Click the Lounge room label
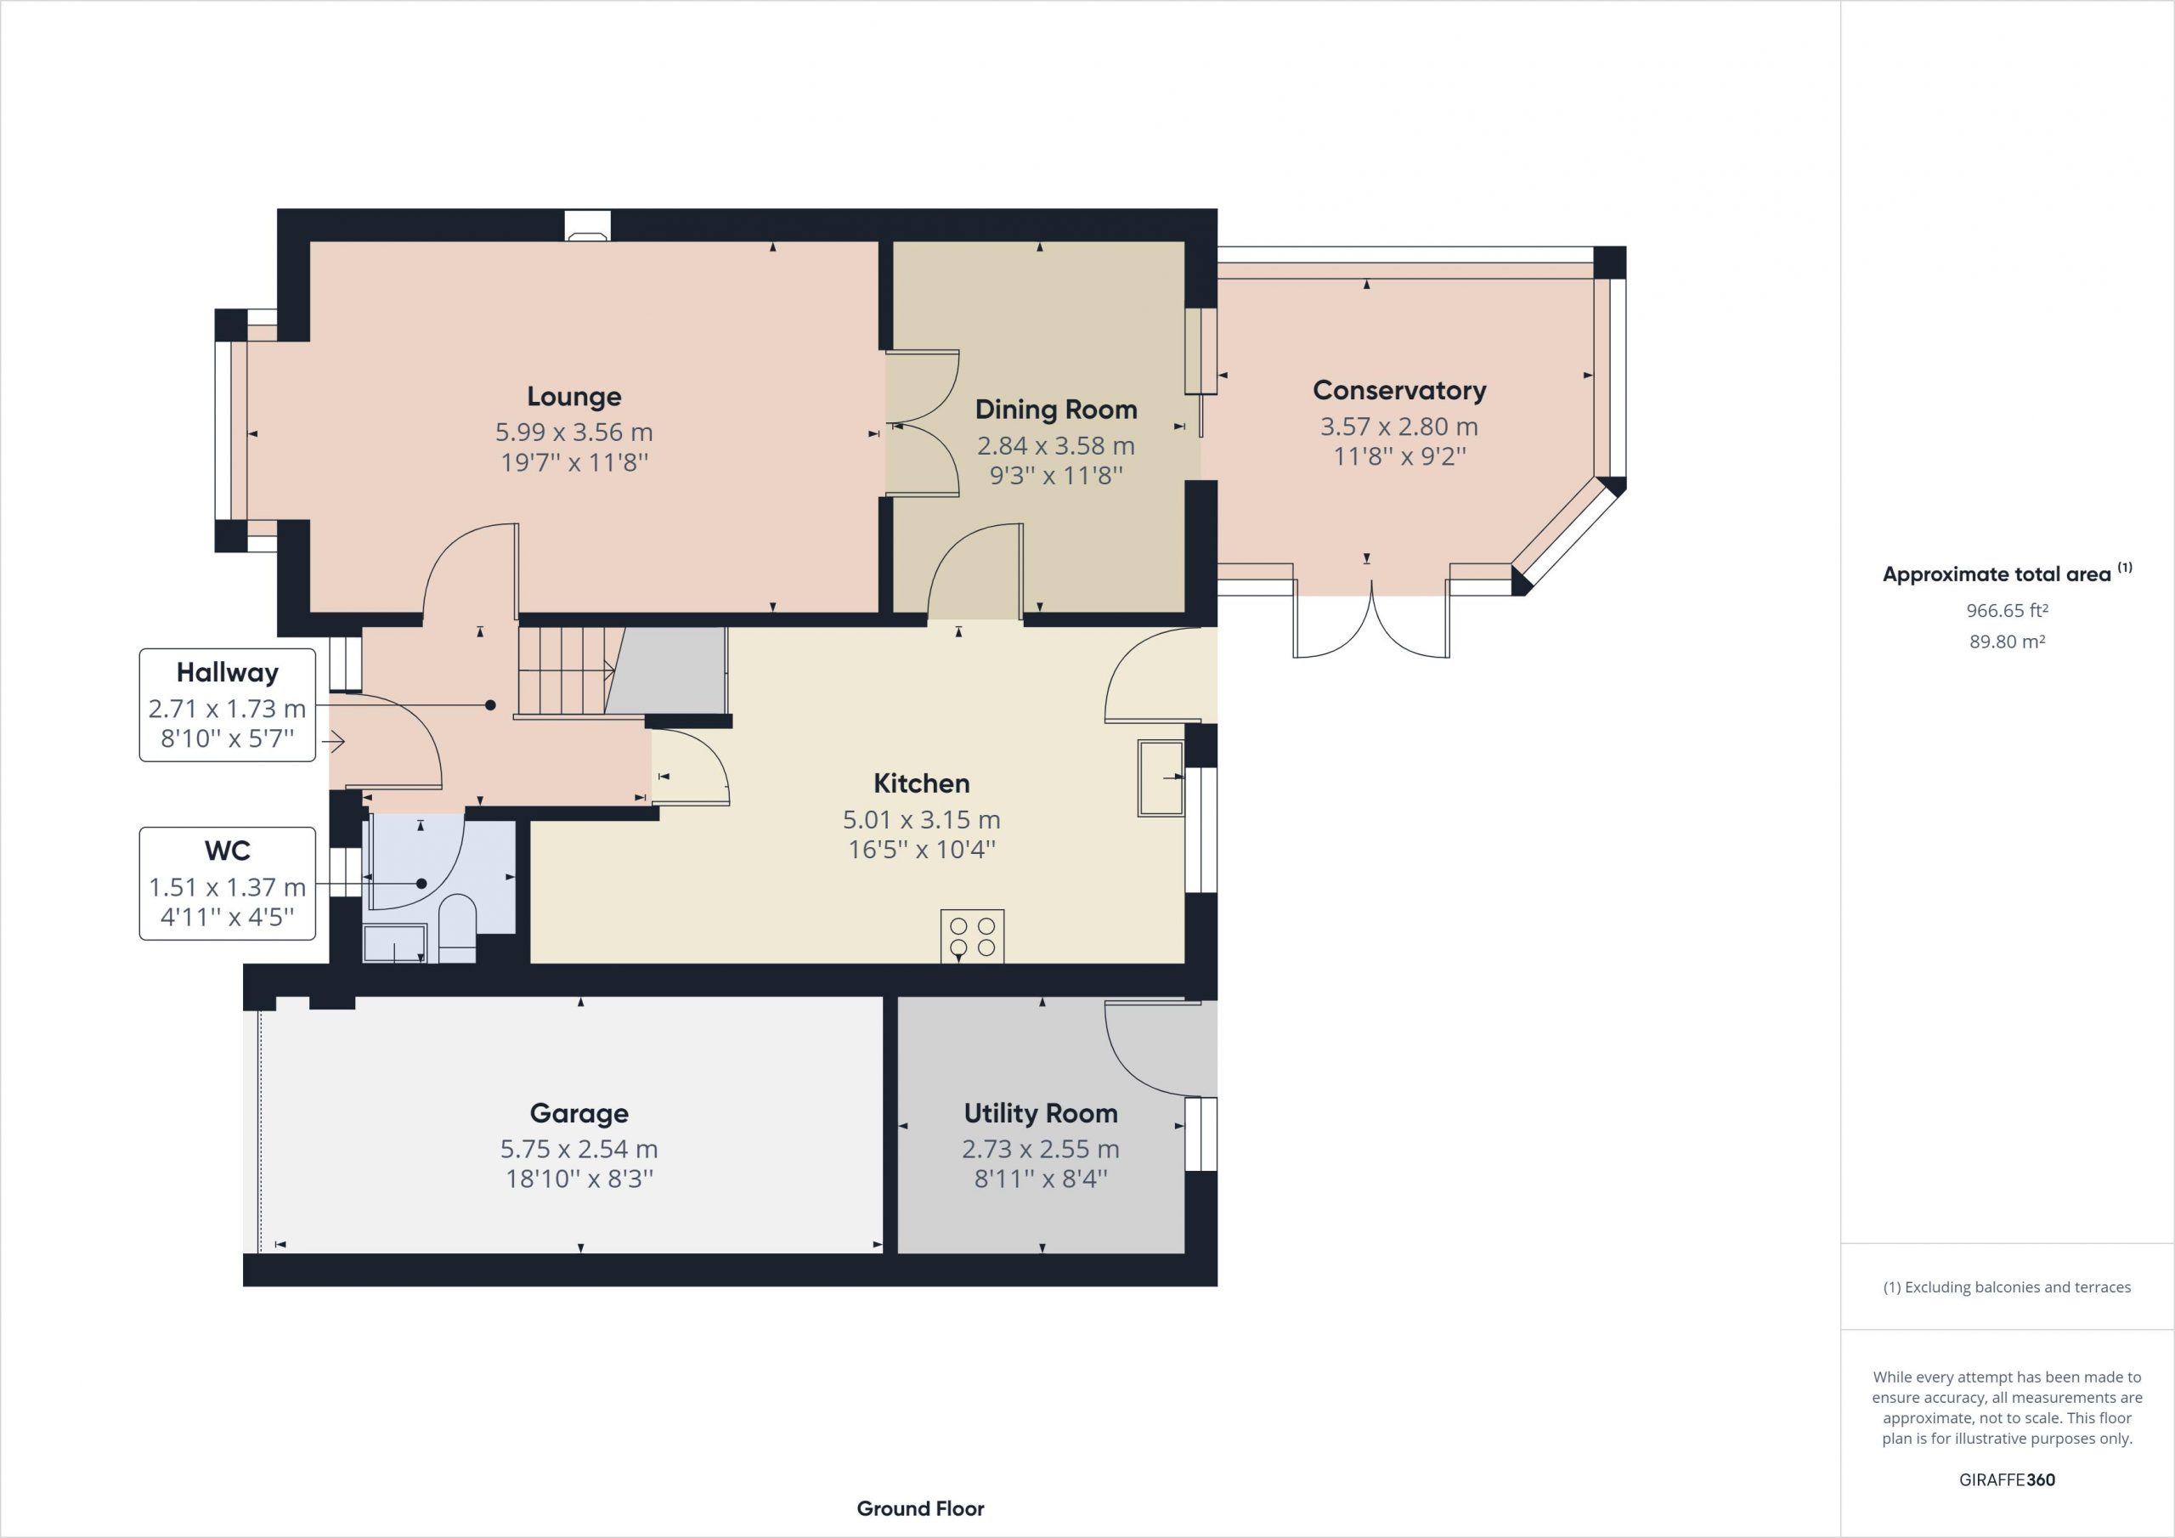click(x=574, y=396)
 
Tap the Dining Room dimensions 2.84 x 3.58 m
click(x=1055, y=445)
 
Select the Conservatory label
click(x=1399, y=390)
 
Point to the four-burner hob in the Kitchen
click(x=972, y=936)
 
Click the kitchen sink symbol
click(x=1161, y=778)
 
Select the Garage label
click(x=579, y=1112)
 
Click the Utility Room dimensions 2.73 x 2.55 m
click(x=1040, y=1149)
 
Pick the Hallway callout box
click(x=228, y=705)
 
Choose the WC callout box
click(x=228, y=883)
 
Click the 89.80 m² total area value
click(x=2007, y=642)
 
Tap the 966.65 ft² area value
click(x=2007, y=610)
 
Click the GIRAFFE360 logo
click(x=2007, y=1479)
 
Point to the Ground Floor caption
click(x=920, y=1507)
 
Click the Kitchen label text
click(x=921, y=783)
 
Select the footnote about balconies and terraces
click(x=2007, y=1286)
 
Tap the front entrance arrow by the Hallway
click(x=336, y=742)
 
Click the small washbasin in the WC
click(x=394, y=944)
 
